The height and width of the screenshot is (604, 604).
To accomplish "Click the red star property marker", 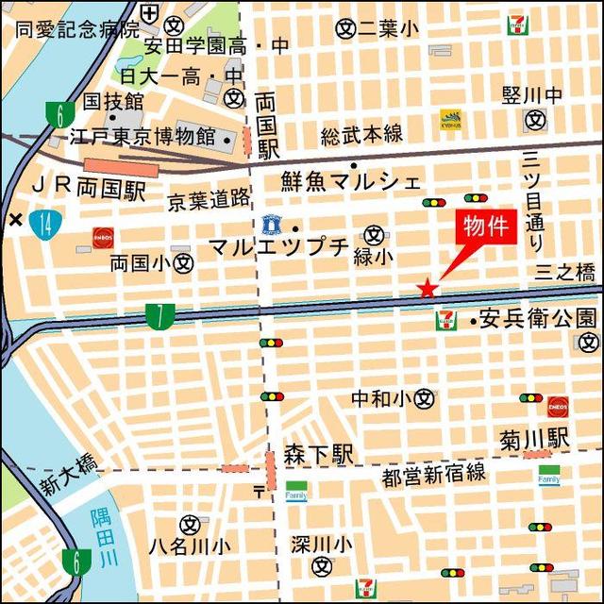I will click(x=428, y=288).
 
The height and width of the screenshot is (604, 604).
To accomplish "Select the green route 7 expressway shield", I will click(x=159, y=316).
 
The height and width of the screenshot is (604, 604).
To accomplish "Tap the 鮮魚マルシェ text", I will click(x=351, y=181).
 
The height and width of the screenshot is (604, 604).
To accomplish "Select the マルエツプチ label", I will click(x=278, y=248).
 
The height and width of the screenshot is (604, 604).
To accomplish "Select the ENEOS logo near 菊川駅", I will click(x=557, y=407).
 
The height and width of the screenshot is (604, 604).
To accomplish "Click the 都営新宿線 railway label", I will click(x=433, y=474).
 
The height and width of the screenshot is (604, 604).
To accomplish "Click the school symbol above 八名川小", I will click(x=189, y=524).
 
